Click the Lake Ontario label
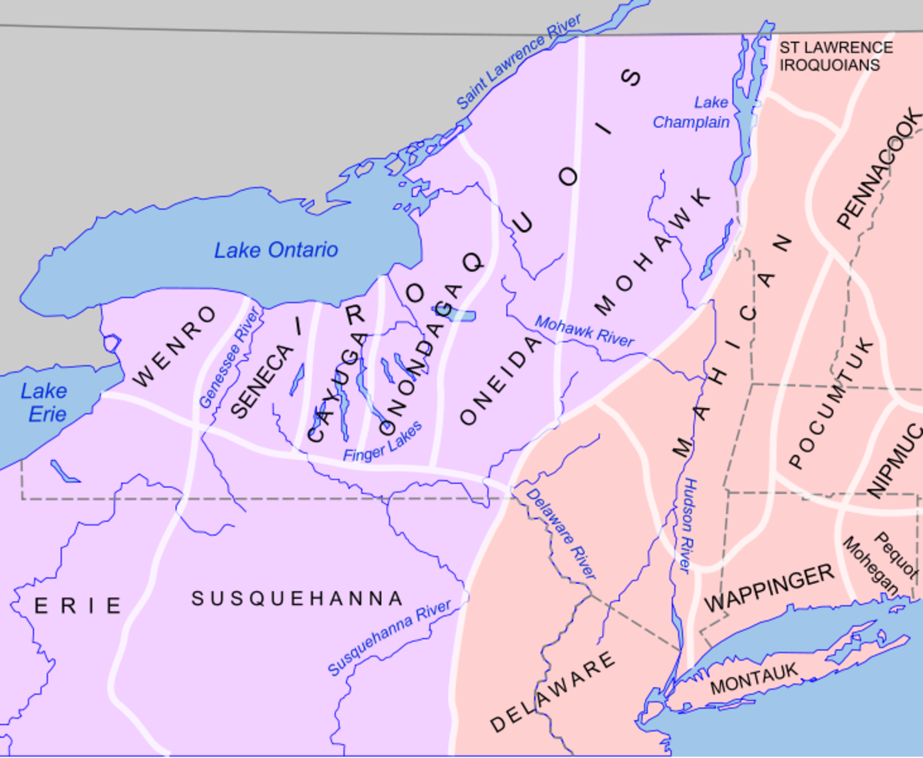coord(276,250)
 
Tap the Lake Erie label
coord(43,402)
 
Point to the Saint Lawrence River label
coord(520,62)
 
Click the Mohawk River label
coord(585,331)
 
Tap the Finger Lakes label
coord(382,442)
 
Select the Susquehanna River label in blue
coord(390,639)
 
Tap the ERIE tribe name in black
coord(78,606)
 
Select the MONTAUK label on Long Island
coord(754,680)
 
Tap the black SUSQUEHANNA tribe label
coord(297,599)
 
